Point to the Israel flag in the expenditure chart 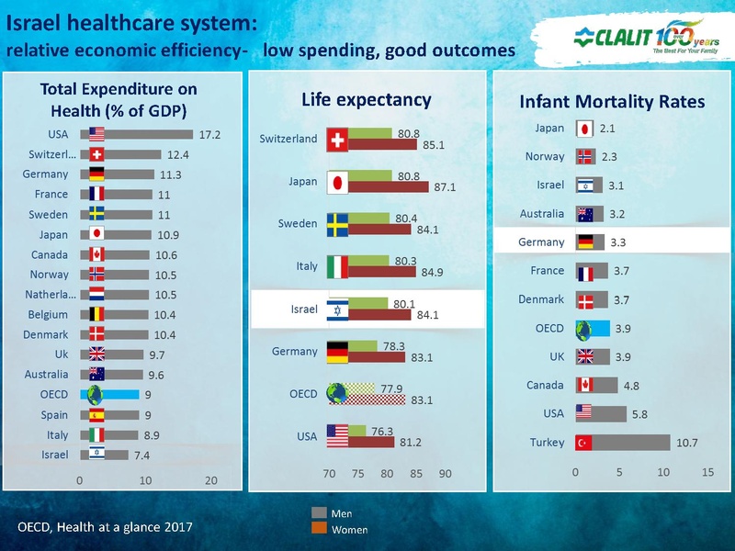tap(96, 454)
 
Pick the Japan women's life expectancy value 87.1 tap(446, 187)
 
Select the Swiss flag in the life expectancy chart tap(337, 139)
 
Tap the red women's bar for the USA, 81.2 tap(372, 442)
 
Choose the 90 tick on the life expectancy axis tap(446, 475)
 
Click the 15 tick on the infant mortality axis tap(707, 472)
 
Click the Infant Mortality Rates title tap(612, 102)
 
